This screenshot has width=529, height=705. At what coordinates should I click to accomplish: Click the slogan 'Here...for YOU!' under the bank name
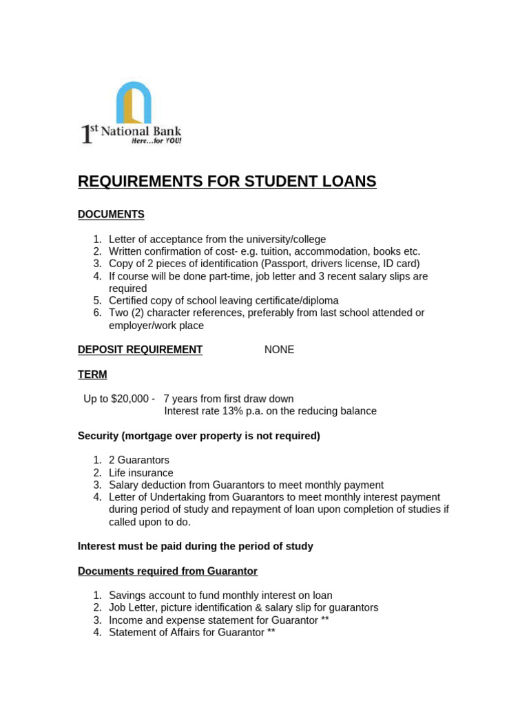click(156, 140)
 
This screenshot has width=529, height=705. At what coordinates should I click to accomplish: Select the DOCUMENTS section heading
click(111, 215)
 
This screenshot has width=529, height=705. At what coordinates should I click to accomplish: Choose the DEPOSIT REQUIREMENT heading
click(140, 350)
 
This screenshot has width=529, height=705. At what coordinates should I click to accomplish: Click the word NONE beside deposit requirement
click(279, 350)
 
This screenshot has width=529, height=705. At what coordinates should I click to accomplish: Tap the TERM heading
click(92, 375)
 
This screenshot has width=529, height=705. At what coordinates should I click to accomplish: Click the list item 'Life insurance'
click(141, 473)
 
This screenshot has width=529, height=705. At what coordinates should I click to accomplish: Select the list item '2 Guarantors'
click(139, 460)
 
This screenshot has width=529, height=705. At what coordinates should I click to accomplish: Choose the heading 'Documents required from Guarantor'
click(167, 571)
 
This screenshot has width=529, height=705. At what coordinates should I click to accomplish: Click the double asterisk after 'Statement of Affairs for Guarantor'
click(271, 632)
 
